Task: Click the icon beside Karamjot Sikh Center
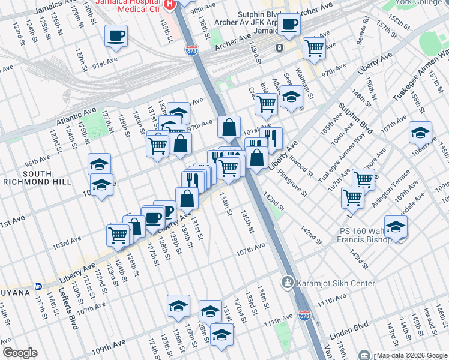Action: coord(288,282)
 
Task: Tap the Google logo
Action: coord(20,353)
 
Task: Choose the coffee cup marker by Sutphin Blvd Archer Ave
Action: coord(289,24)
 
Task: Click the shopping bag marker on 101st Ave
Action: coord(229,127)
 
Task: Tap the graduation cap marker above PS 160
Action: coord(396,226)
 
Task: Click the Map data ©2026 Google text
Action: coord(411,355)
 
